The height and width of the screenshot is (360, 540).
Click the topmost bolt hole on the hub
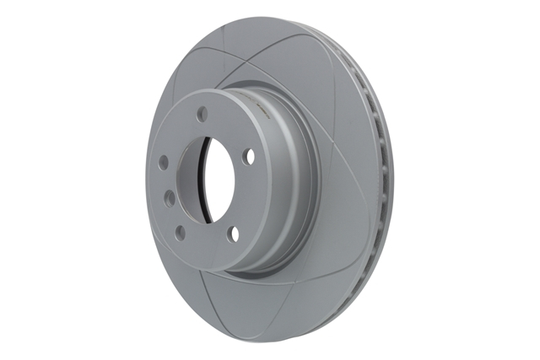(202, 111)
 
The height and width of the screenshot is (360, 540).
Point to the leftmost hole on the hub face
(162, 159)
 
